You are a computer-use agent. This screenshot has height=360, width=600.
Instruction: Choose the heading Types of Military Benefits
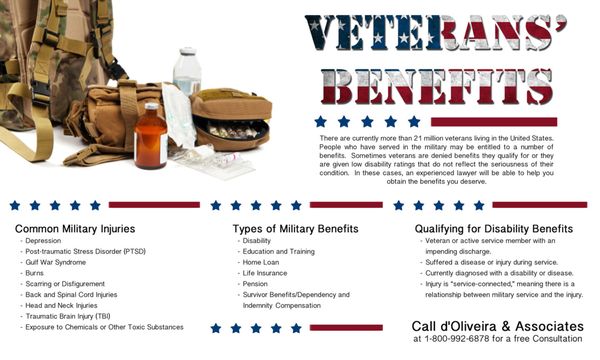pos(283,230)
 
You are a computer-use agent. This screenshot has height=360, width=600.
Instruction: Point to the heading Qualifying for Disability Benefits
pos(494,230)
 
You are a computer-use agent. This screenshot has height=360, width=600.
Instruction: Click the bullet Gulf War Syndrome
pos(57,262)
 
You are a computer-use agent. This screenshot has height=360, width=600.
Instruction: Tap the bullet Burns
pos(36,273)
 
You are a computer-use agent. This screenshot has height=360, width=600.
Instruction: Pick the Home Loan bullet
pos(262,262)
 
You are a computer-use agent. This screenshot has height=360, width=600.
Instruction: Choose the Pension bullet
pos(256,284)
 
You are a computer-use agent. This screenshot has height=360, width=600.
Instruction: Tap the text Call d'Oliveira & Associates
pos(497,326)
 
